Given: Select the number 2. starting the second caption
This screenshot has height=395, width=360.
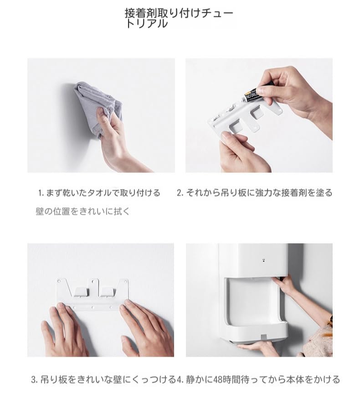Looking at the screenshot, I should [x=180, y=193].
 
